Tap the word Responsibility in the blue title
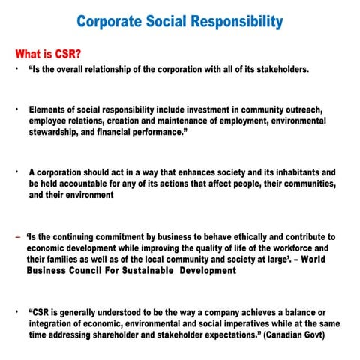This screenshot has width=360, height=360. pos(238,20)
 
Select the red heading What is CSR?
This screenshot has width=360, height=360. pos(49,54)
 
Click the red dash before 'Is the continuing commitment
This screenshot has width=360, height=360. pos(16,237)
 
